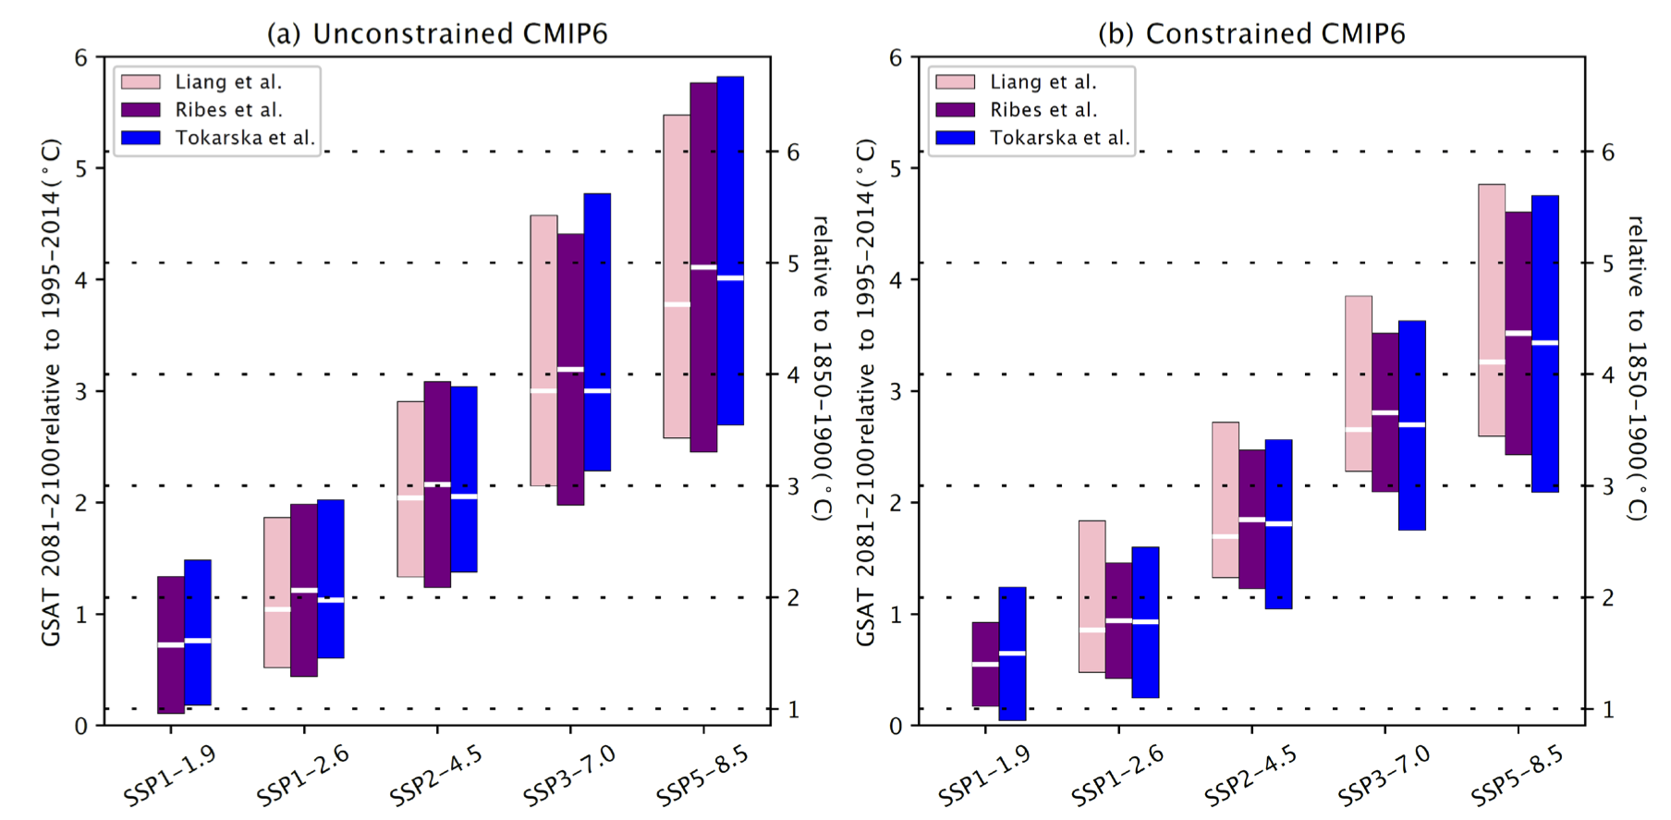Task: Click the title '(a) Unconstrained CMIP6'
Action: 437,34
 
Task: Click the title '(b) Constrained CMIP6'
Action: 1251,34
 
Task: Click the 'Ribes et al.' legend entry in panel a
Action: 228,110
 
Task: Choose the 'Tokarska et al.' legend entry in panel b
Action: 1059,138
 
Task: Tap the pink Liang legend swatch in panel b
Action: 955,82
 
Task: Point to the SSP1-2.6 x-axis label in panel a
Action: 302,775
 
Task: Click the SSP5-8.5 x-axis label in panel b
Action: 1517,775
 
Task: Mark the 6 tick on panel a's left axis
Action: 81,57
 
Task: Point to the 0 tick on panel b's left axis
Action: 896,726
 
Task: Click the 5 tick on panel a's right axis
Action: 793,263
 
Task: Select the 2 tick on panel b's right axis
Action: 1607,598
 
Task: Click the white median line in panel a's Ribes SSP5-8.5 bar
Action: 703,267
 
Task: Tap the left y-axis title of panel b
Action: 865,392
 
